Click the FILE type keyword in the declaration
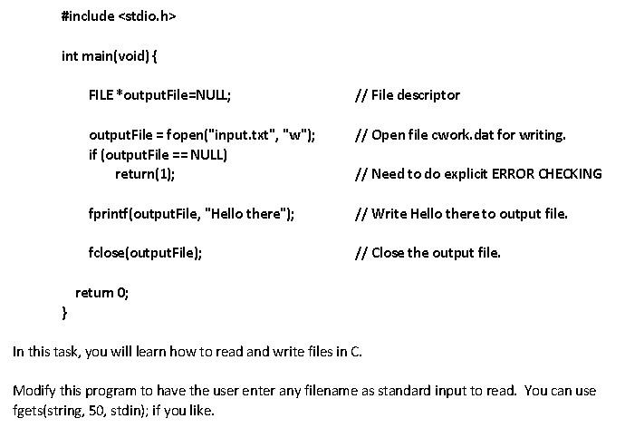point(101,95)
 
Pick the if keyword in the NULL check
point(92,154)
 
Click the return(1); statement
point(145,173)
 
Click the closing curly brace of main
point(64,312)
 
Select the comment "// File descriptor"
point(409,95)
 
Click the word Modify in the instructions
point(33,391)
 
